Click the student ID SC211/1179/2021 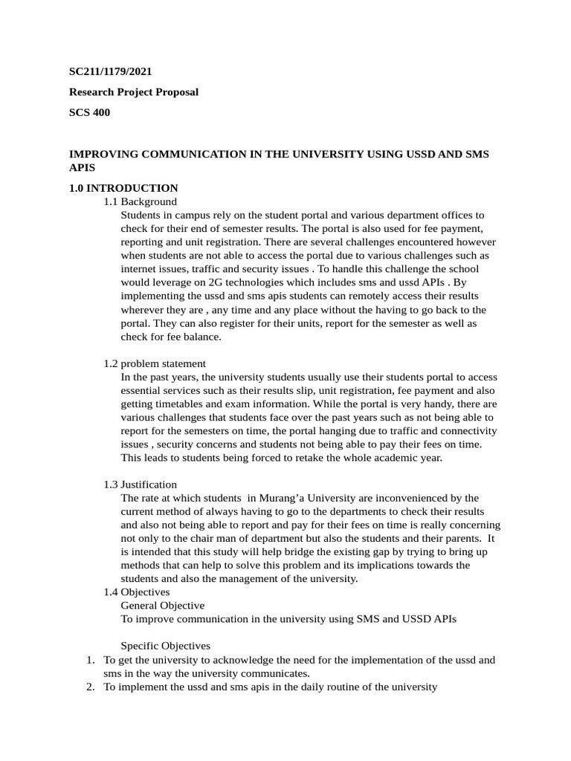click(111, 71)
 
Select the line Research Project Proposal click(134, 92)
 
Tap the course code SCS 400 click(89, 113)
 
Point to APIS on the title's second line click(83, 168)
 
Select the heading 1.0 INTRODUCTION click(123, 188)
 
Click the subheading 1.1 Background click(141, 201)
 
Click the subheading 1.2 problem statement click(155, 363)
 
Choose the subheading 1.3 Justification click(141, 485)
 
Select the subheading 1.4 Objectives click(137, 592)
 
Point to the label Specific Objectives click(165, 646)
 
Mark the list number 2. click(90, 687)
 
